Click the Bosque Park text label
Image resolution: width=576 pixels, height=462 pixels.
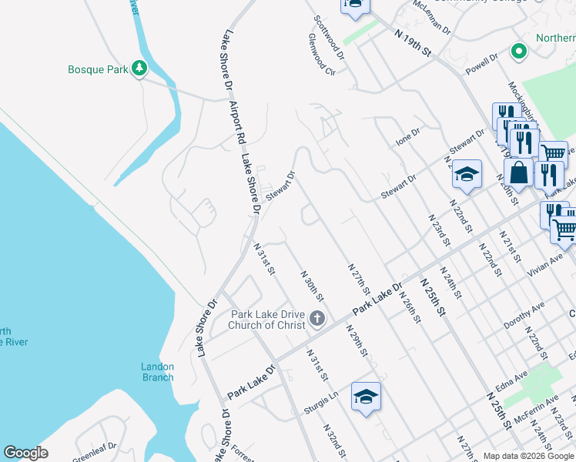point(97,70)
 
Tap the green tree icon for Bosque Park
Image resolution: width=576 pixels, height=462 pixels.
point(139,69)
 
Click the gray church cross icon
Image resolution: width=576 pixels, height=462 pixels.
point(316,319)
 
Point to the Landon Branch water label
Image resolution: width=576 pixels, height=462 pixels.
point(157,372)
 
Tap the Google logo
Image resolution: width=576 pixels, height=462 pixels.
point(25,453)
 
